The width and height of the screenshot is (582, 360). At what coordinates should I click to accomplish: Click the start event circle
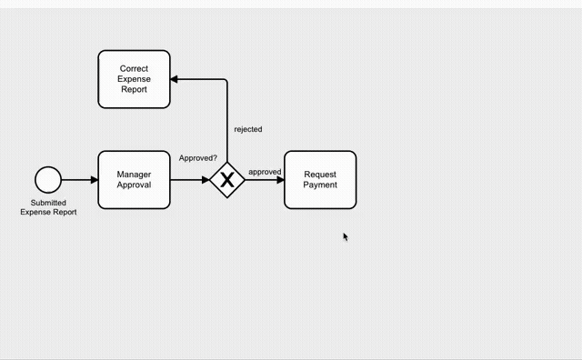pyautogui.click(x=48, y=180)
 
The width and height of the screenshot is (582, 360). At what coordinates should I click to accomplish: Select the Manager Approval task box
pyautogui.click(x=134, y=179)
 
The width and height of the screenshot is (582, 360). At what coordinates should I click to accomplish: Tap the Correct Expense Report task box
pyautogui.click(x=134, y=79)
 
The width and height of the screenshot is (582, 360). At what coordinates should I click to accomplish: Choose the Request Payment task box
pyautogui.click(x=320, y=179)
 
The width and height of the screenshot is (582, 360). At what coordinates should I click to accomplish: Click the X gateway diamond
pyautogui.click(x=226, y=180)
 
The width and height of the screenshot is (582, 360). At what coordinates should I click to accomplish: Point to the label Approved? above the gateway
pyautogui.click(x=197, y=158)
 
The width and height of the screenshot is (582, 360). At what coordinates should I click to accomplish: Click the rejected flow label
pyautogui.click(x=247, y=129)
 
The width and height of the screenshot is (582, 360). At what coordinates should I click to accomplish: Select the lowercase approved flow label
pyautogui.click(x=265, y=172)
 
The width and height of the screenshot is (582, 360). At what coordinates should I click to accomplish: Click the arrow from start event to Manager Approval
pyautogui.click(x=79, y=180)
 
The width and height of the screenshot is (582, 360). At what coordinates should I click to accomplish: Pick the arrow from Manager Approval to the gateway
pyautogui.click(x=189, y=180)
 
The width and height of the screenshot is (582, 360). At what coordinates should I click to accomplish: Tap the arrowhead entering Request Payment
pyautogui.click(x=280, y=180)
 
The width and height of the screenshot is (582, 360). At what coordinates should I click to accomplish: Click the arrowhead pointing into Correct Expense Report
pyautogui.click(x=176, y=79)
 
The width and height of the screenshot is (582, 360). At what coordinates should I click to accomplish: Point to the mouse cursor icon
pyautogui.click(x=346, y=236)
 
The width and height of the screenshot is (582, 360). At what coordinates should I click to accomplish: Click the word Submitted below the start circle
pyautogui.click(x=48, y=203)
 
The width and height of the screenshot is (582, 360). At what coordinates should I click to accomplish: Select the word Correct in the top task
pyautogui.click(x=134, y=68)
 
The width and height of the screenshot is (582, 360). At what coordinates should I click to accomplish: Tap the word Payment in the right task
pyautogui.click(x=320, y=185)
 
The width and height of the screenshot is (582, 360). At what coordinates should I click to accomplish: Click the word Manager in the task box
pyautogui.click(x=134, y=174)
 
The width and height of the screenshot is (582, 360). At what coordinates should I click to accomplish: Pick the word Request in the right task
pyautogui.click(x=320, y=174)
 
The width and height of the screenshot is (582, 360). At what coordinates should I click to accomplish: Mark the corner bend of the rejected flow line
pyautogui.click(x=226, y=80)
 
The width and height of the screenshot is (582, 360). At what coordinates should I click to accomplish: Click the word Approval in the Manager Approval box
pyautogui.click(x=134, y=185)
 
